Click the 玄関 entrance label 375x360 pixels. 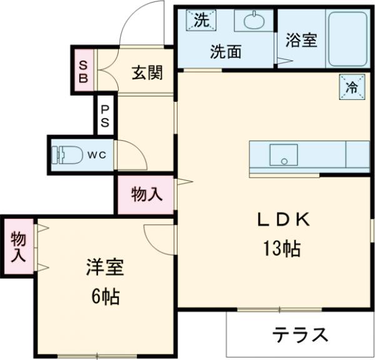point(147,72)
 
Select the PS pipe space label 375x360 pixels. point(105,115)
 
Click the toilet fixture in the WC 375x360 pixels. point(66,154)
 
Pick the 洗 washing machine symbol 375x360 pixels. point(200,20)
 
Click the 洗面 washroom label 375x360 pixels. point(225,52)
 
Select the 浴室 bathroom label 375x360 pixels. point(302,41)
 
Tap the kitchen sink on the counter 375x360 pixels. point(284,153)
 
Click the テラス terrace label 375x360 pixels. point(299,335)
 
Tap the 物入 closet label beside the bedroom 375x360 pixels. point(18,246)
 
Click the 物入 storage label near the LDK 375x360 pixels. point(146,194)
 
